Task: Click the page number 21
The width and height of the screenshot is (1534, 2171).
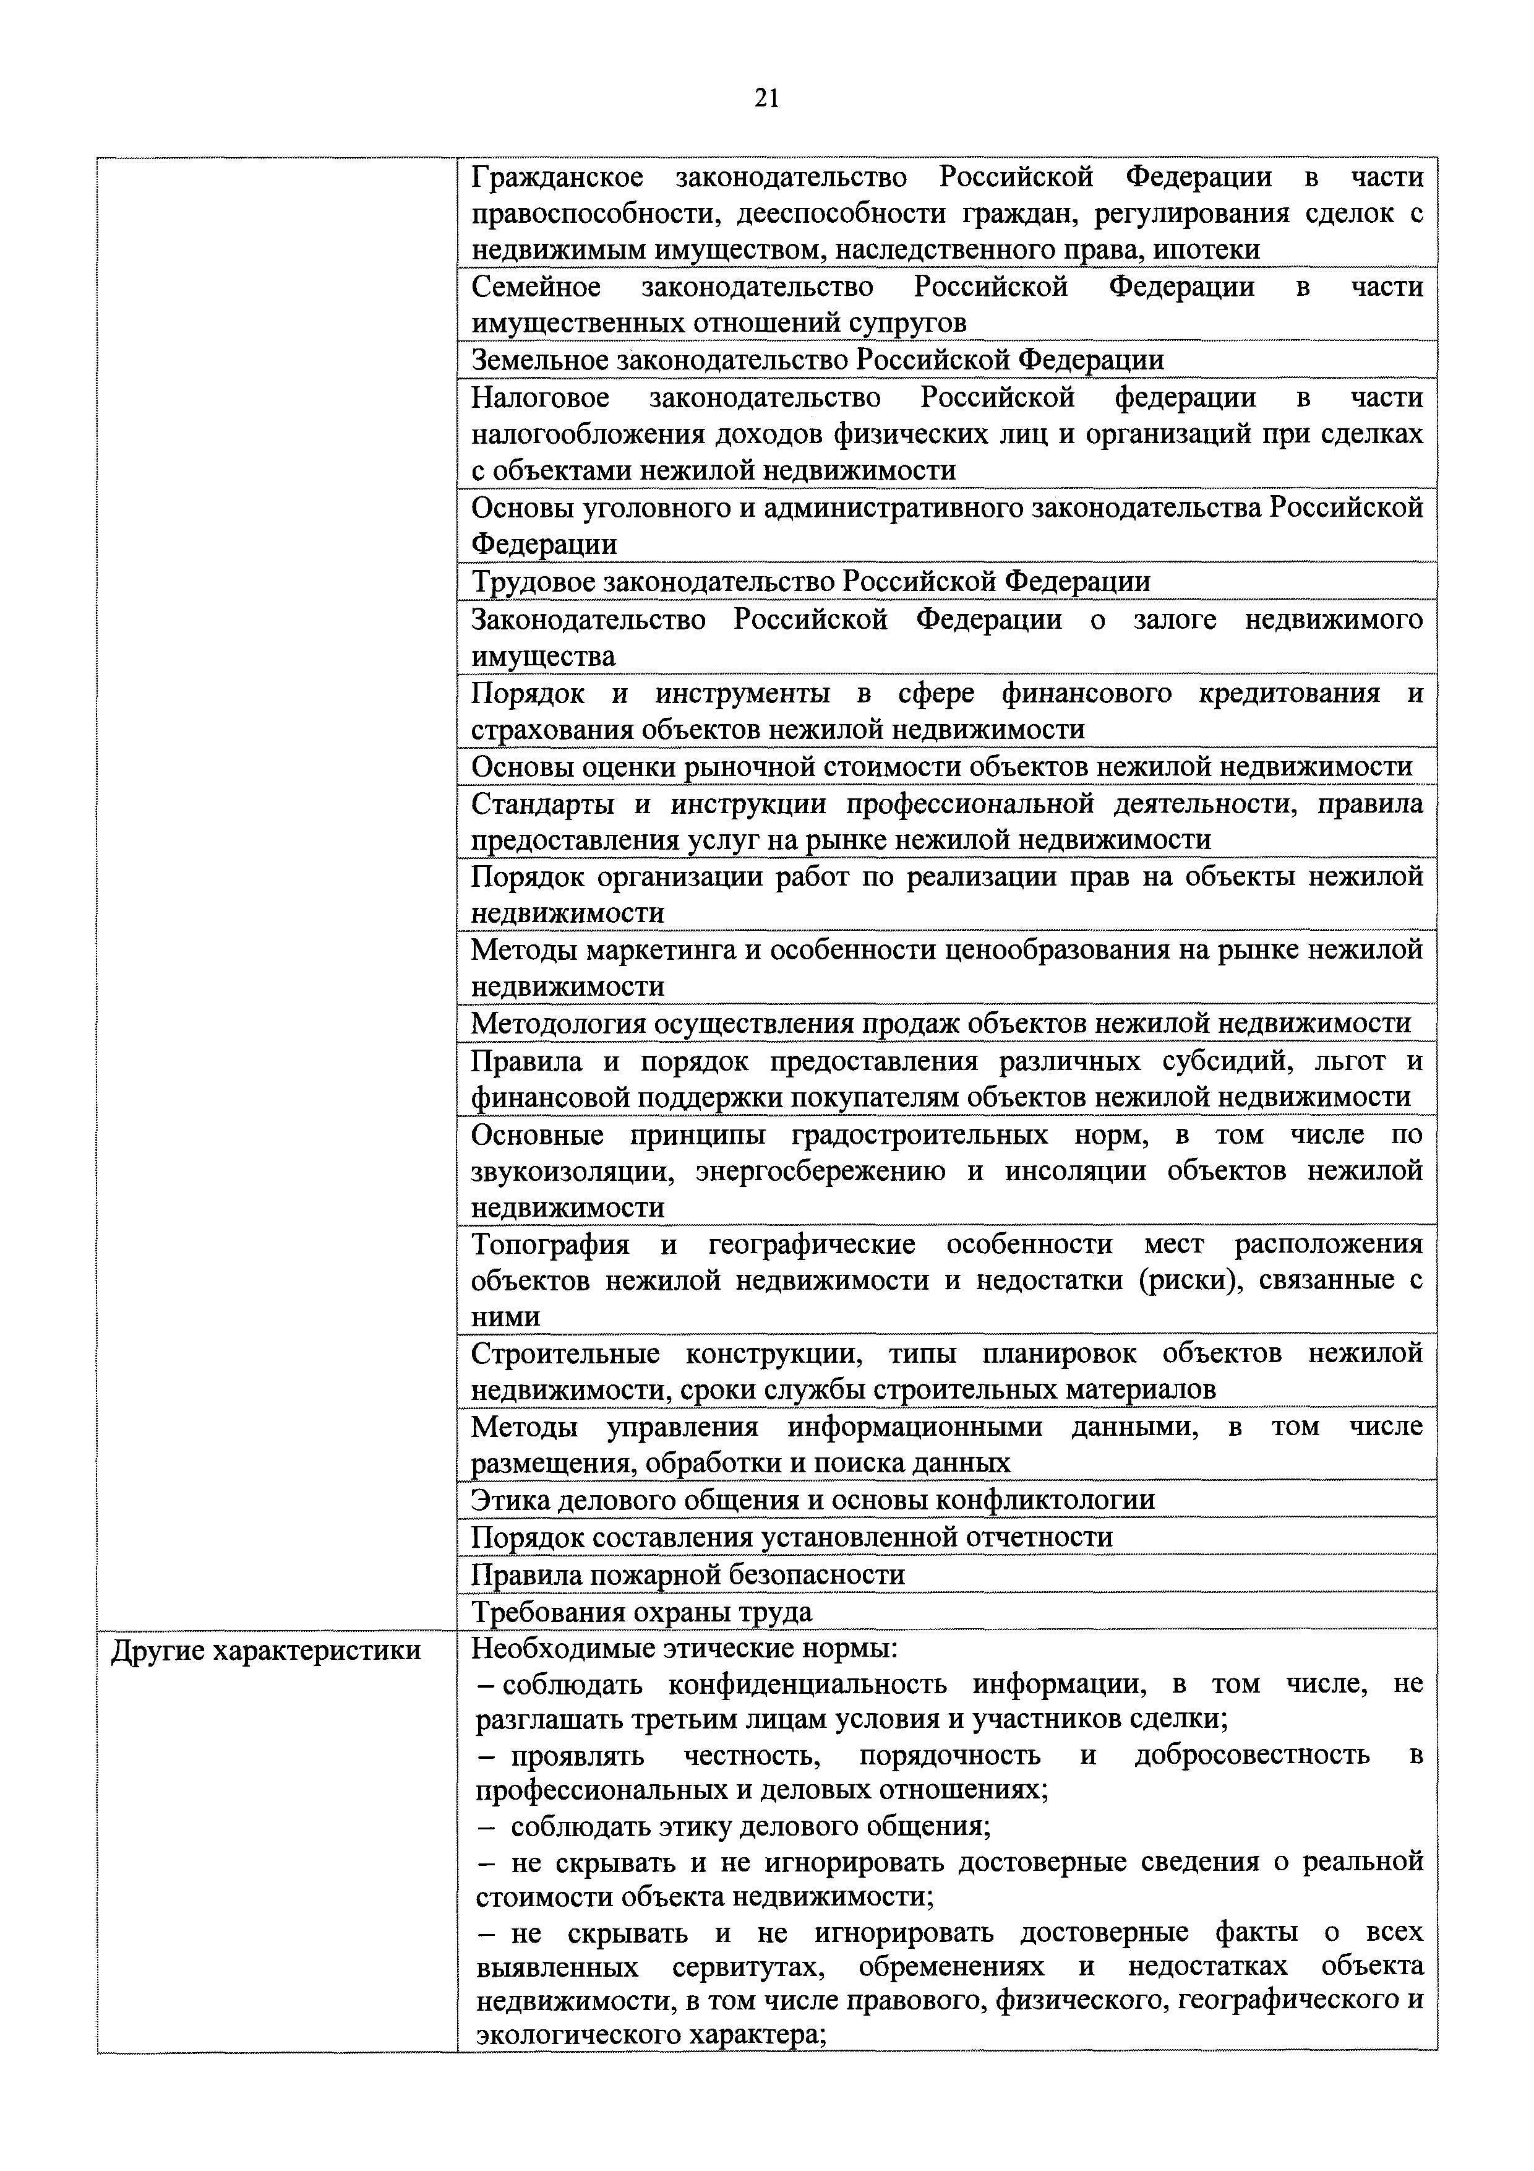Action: pyautogui.click(x=766, y=97)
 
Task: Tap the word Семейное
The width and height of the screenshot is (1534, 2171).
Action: pyautogui.click(x=535, y=287)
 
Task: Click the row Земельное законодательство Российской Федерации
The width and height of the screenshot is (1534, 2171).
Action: pyautogui.click(x=818, y=360)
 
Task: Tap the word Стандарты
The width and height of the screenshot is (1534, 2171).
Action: pyautogui.click(x=542, y=804)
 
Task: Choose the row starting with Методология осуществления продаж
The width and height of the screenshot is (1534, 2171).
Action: pyautogui.click(x=940, y=1023)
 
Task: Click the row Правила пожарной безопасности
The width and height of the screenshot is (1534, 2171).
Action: pyautogui.click(x=688, y=1574)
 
